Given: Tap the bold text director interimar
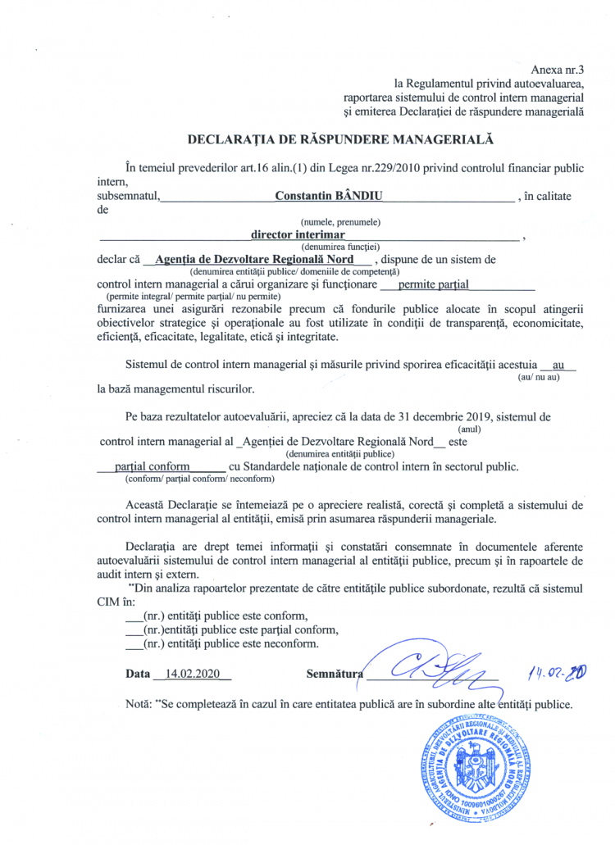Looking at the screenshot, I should tap(298, 234).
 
